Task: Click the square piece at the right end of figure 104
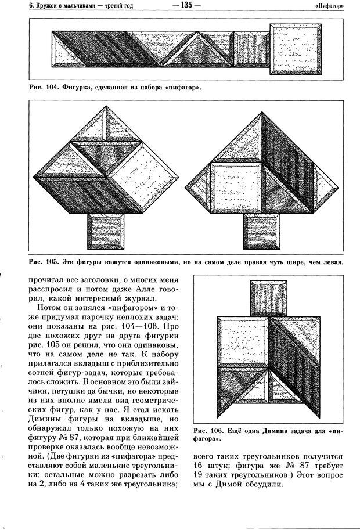coord(296,48)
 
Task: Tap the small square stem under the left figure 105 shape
coord(106,231)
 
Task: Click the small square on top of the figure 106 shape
coord(269,297)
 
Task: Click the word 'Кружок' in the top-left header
coord(34,6)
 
